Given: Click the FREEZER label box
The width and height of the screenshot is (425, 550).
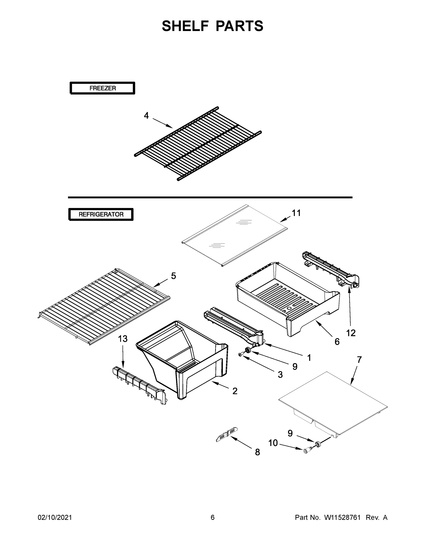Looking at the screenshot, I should point(102,88).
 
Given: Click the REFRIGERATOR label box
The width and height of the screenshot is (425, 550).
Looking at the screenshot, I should point(101,214).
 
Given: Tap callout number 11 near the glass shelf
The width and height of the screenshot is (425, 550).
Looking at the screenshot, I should point(296,213).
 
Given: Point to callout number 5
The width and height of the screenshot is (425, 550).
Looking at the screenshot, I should point(173,276).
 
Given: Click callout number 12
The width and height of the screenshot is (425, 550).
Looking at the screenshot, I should point(351,333).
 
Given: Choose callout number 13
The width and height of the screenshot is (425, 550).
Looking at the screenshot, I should point(123,339).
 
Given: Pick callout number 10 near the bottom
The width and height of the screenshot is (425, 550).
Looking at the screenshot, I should point(273,443).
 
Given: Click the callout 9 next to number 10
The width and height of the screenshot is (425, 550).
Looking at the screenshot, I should point(290,433).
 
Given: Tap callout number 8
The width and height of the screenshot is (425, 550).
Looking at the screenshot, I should point(257,452).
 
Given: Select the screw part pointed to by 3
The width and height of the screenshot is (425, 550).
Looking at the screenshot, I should point(240,355).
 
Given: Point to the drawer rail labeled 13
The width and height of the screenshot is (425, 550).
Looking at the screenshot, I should point(140,385).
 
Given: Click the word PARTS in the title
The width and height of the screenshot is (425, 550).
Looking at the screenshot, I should point(239,26).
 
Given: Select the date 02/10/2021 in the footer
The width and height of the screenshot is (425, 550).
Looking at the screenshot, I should point(55,517).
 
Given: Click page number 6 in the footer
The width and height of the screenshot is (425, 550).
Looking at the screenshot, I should point(213,517).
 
